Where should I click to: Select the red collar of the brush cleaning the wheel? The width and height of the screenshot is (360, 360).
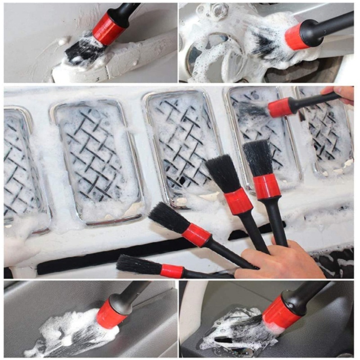click(x=297, y=36)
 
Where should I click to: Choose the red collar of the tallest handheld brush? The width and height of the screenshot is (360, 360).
click(x=266, y=186)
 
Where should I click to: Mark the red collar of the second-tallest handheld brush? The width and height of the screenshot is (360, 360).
click(x=238, y=201)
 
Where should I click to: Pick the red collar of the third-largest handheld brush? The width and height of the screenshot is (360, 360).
click(x=196, y=234)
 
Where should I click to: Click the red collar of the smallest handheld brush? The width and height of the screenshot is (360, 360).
click(x=172, y=271)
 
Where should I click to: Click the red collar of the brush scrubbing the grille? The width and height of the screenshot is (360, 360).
click(x=279, y=108)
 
